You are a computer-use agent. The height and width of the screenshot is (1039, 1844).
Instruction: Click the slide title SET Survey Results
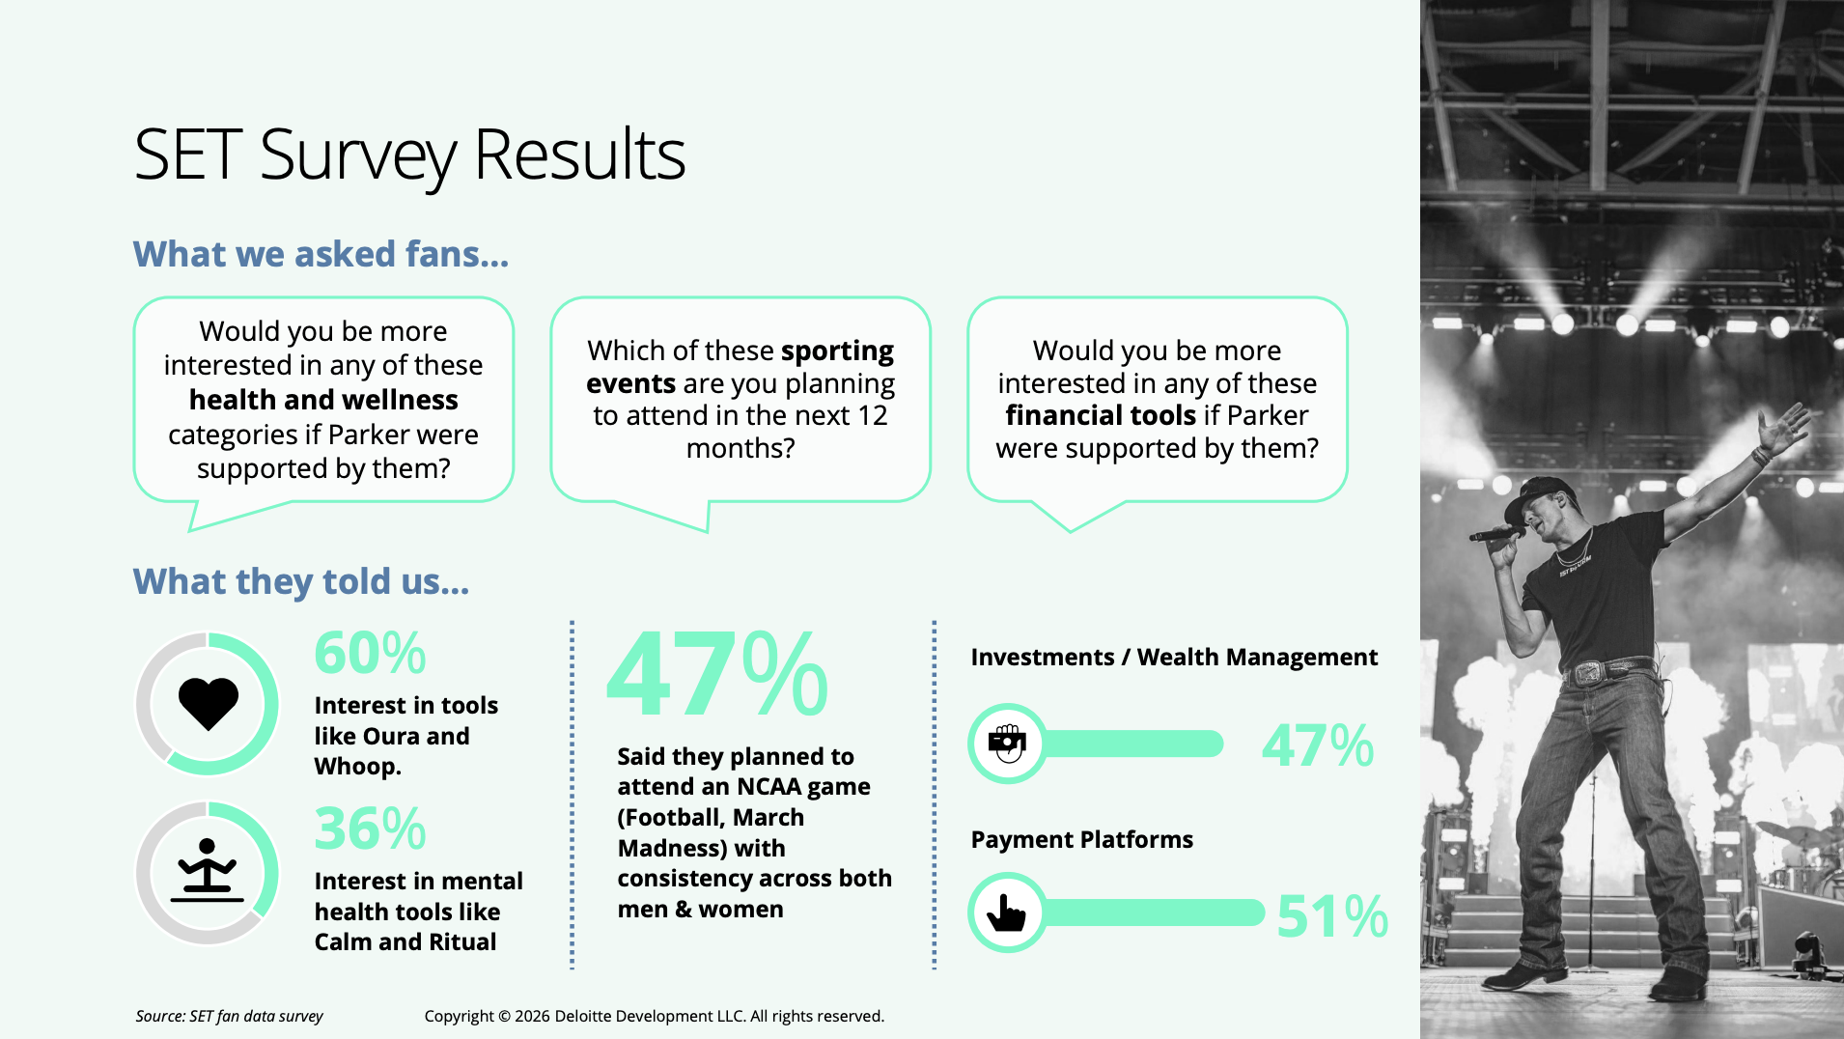(409, 154)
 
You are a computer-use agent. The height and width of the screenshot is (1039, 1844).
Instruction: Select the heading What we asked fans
(321, 254)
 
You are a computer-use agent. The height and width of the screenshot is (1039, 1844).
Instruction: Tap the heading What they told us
(301, 581)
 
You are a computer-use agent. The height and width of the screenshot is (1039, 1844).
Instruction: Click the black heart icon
(208, 702)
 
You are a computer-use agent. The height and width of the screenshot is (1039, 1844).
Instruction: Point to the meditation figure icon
(207, 869)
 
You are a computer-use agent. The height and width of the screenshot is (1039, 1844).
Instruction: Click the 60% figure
(370, 653)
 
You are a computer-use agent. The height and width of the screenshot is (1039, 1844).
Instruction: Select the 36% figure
(370, 828)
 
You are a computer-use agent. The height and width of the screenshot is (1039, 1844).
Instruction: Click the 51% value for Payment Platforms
(1331, 915)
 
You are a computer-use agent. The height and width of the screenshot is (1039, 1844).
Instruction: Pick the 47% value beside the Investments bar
(1317, 745)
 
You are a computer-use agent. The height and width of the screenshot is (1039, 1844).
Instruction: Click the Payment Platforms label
(1081, 839)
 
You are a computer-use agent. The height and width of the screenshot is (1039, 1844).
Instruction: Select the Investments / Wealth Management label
(1173, 657)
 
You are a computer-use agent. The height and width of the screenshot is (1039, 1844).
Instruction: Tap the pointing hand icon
(1007, 913)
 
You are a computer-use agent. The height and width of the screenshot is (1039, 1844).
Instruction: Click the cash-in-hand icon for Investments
(1007, 744)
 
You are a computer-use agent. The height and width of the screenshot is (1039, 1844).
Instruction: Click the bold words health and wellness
(323, 400)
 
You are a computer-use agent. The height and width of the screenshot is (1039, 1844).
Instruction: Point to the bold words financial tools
(1101, 415)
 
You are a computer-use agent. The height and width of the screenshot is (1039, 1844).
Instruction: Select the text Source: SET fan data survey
(229, 1016)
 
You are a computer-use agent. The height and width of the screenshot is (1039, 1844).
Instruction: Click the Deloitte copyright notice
(654, 1016)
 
